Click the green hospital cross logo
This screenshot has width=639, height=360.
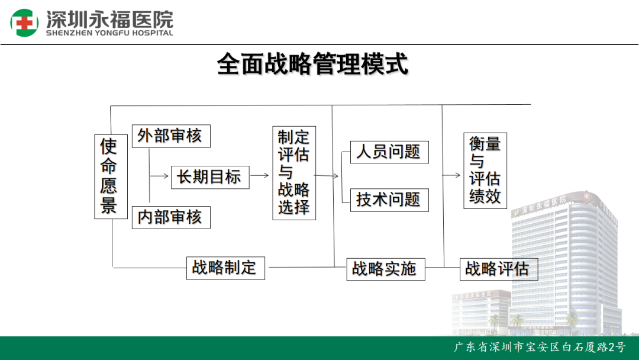(24, 23)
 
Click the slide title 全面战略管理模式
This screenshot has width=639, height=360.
(312, 64)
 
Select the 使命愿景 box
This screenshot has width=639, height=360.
(111, 176)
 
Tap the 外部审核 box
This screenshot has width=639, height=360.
(171, 136)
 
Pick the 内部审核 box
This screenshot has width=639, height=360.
(171, 217)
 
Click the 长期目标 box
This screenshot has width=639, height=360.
(210, 178)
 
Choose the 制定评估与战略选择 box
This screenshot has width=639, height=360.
(294, 173)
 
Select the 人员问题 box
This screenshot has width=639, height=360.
(389, 152)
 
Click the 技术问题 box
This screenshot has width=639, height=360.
(389, 200)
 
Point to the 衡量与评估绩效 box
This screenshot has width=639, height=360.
(485, 171)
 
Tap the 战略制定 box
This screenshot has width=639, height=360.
(225, 268)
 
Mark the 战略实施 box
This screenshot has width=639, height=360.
(386, 269)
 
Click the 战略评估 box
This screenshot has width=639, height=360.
(499, 269)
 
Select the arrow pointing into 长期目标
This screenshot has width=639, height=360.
(159, 176)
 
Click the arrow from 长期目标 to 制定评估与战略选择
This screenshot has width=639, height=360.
(260, 175)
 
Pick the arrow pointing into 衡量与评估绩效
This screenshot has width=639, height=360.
(451, 175)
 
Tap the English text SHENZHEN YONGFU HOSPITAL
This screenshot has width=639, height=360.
(109, 33)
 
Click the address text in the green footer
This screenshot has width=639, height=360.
(540, 347)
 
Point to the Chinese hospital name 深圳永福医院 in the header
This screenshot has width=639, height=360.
(109, 19)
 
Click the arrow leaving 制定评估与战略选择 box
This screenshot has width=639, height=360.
(327, 176)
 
